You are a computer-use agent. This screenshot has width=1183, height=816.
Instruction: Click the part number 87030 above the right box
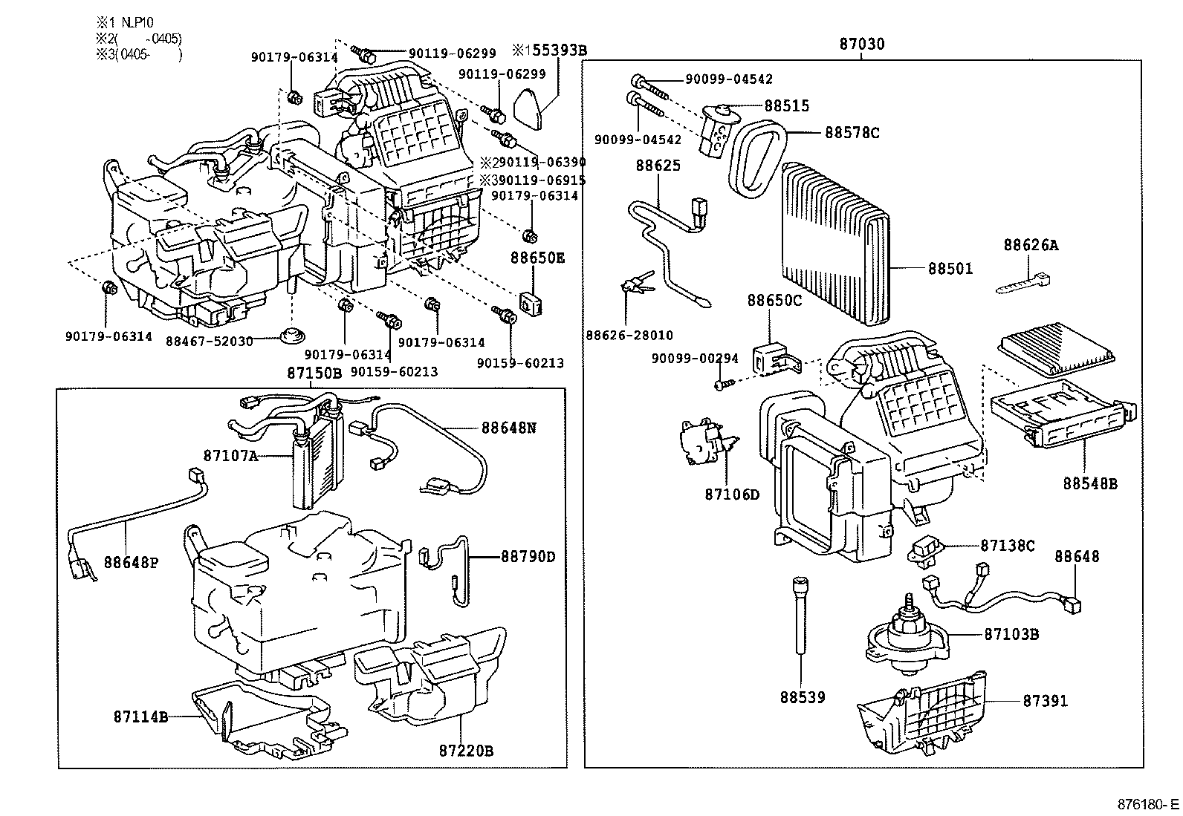pos(862,44)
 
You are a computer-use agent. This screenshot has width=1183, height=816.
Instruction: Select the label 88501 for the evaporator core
pos(950,269)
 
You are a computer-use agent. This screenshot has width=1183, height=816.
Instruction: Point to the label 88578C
pos(852,132)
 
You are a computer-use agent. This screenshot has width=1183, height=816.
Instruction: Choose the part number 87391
pos(1046,701)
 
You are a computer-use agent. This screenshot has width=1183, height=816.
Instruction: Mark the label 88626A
pos(1031,245)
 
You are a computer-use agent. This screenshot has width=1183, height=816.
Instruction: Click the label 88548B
pos(1090,483)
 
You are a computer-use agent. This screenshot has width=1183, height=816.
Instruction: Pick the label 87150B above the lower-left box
pos(314,373)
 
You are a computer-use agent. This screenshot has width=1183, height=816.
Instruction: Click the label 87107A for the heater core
pos(231,455)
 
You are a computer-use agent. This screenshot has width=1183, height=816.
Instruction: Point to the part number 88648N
pos(508,428)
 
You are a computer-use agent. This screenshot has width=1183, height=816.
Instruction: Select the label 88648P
pos(131,562)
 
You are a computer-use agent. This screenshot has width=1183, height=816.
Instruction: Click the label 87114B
pos(140,717)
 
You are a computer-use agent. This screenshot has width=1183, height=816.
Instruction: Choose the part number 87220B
pos(466,751)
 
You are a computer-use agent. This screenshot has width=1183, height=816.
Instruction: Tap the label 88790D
pos(528,556)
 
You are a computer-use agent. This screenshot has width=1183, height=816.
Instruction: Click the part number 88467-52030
pos(210,341)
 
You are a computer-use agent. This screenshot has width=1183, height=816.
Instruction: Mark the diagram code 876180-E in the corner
pos(1147,804)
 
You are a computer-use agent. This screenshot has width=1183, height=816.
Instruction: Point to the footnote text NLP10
pos(137,22)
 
